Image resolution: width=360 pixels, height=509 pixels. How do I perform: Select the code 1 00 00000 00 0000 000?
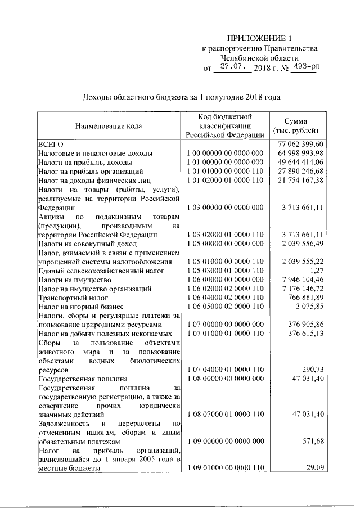pyautogui.click(x=224, y=153)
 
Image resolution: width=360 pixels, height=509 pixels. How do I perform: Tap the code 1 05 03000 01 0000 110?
pyautogui.click(x=224, y=271)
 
